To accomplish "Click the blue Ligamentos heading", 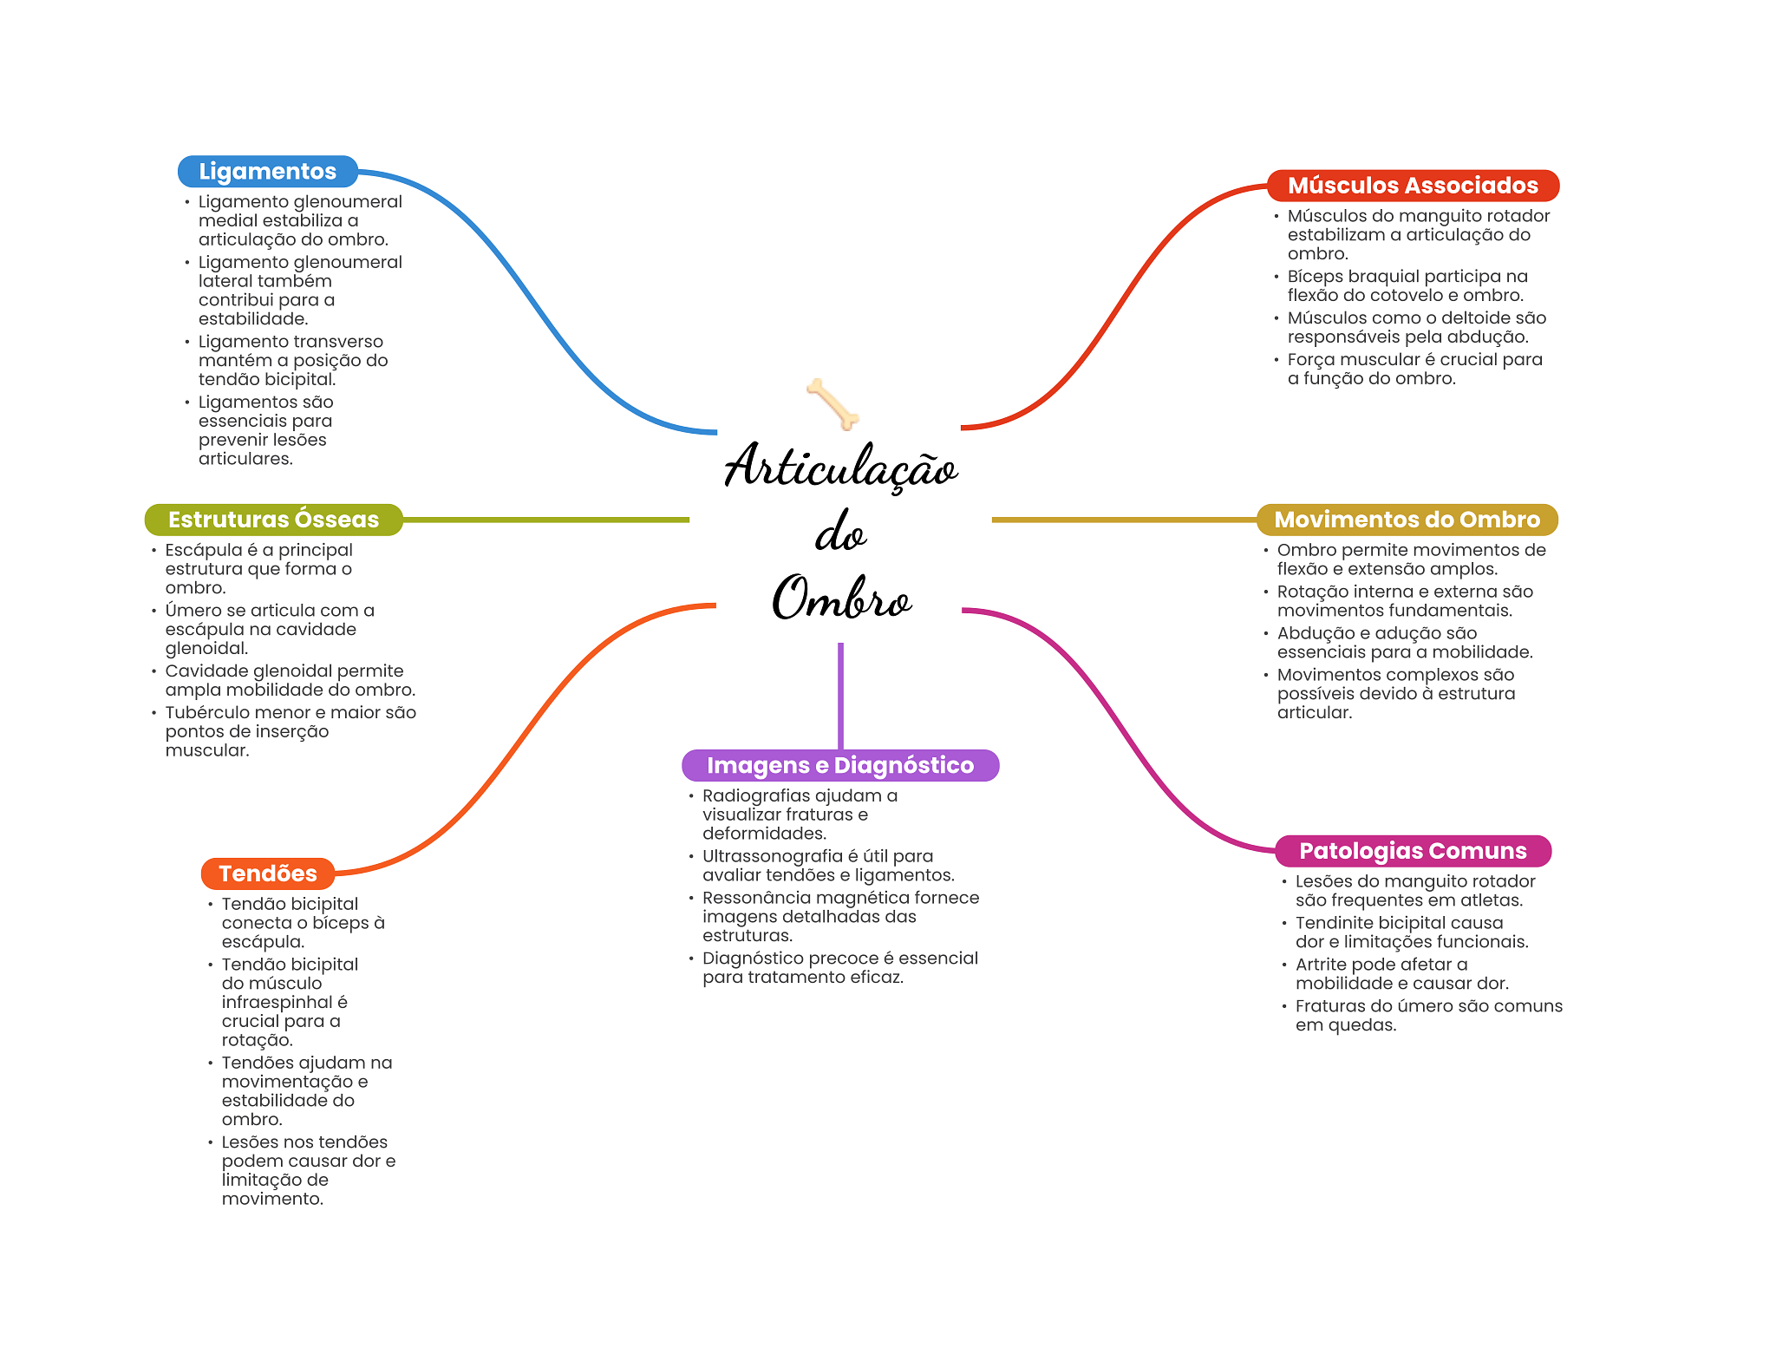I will coord(267,172).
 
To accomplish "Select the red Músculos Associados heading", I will coord(1412,186).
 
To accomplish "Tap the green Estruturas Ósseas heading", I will coord(273,520).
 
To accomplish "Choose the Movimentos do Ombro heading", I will coord(1406,520).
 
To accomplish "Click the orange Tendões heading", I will coord(267,874).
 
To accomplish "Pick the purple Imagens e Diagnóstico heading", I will coord(839,765).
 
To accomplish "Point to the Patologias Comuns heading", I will coord(1412,851).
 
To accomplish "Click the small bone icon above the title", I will coord(832,403).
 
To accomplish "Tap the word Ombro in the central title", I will coord(841,599).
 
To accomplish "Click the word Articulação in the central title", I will coord(841,467).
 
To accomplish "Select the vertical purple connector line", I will coord(840,694).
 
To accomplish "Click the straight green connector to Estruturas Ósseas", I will coord(546,520).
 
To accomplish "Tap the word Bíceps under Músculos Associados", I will coord(1315,277).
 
